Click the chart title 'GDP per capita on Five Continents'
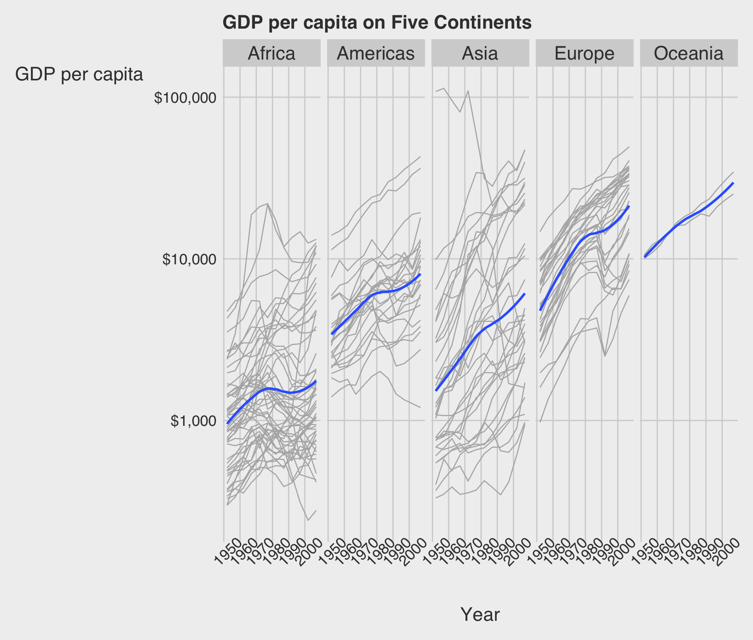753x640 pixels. point(377,22)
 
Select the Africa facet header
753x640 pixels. point(271,53)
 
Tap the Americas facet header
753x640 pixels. point(376,53)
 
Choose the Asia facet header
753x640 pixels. point(480,53)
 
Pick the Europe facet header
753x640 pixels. point(584,53)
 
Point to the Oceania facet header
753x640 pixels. point(689,53)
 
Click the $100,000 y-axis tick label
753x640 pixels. point(185,98)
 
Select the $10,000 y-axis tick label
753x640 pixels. point(189,259)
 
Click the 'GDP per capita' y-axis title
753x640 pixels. point(79,75)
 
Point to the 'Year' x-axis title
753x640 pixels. point(480,614)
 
